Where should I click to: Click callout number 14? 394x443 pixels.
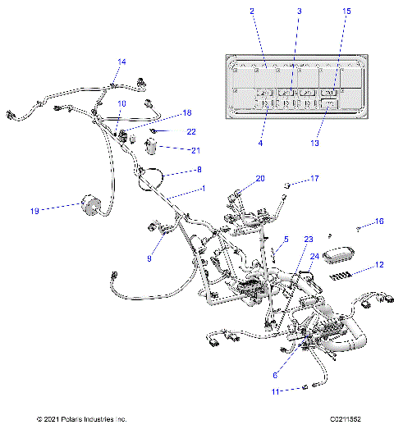(x=121, y=62)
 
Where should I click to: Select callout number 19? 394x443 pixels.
(x=35, y=210)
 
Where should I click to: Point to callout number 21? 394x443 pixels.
(x=194, y=150)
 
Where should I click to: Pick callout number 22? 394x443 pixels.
(x=190, y=131)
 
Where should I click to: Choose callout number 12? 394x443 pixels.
(x=378, y=264)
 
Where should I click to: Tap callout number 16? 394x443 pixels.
(x=379, y=221)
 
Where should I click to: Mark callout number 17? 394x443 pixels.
(x=313, y=178)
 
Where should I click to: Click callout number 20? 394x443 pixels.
(x=260, y=178)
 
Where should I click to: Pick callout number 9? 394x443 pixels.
(x=149, y=258)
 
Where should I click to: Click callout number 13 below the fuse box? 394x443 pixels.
(x=315, y=143)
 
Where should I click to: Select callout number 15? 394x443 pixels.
(x=346, y=11)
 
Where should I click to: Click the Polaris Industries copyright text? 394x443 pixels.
(x=82, y=419)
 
